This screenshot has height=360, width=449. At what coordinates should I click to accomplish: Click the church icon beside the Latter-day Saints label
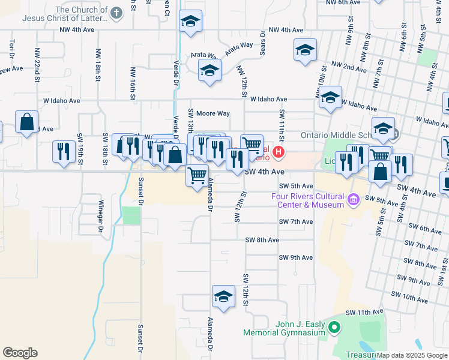(116, 11)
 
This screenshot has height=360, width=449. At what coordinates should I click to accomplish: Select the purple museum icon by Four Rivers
(354, 199)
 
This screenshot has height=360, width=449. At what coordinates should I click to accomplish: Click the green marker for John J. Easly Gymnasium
(334, 328)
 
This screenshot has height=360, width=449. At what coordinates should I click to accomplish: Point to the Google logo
(20, 353)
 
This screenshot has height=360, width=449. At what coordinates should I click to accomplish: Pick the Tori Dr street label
(11, 46)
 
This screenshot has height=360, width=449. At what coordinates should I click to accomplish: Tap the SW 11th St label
(281, 122)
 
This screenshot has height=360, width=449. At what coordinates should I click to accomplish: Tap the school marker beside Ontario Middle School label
(383, 128)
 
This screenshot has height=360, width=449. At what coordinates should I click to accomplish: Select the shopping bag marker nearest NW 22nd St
(27, 122)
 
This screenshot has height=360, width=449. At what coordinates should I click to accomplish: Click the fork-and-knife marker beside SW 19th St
(64, 151)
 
